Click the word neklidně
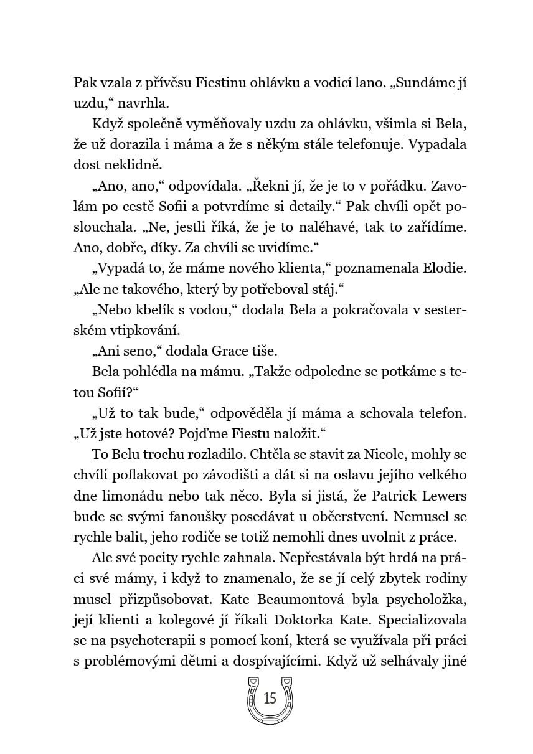(x=132, y=165)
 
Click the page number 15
(x=270, y=698)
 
